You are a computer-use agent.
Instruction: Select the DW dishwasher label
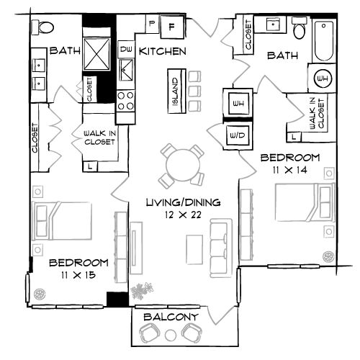[x=126, y=50]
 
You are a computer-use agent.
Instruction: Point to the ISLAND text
[x=175, y=91]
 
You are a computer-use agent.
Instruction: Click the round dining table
[x=182, y=167]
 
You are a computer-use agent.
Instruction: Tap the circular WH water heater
[x=322, y=77]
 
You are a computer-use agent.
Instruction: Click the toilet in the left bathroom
[x=45, y=27]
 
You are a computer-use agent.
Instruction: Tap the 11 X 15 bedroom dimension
[x=78, y=276]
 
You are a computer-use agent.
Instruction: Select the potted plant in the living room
[x=142, y=290]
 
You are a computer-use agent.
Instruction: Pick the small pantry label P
[x=152, y=23]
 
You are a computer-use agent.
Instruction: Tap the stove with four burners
[x=126, y=102]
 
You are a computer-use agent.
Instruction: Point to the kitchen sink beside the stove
[x=126, y=73]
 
